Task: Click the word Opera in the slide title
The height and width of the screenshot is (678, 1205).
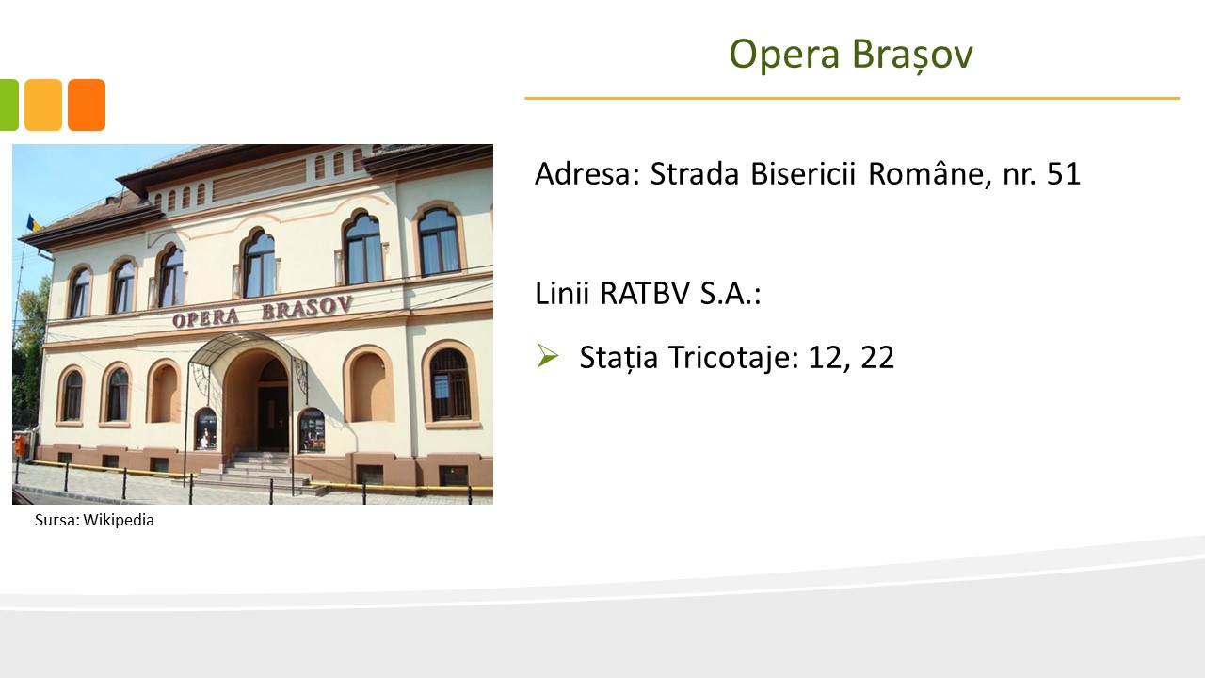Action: click(784, 56)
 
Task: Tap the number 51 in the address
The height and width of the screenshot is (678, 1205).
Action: click(1064, 174)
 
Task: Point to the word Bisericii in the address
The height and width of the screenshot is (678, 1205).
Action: click(803, 174)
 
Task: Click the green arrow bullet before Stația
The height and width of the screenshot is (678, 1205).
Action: click(548, 356)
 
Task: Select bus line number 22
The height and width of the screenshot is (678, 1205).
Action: click(877, 358)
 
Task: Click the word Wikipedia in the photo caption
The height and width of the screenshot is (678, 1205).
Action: click(119, 521)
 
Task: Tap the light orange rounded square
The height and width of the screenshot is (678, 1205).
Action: click(43, 105)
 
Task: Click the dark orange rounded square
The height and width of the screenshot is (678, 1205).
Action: click(87, 105)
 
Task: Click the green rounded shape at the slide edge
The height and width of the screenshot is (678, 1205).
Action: click(9, 105)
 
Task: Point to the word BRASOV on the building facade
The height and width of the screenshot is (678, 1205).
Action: click(307, 307)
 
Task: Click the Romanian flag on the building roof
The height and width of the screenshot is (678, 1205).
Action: click(33, 223)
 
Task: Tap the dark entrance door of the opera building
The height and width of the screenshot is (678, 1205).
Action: click(273, 417)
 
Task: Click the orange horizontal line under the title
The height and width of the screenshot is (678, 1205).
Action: click(852, 99)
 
